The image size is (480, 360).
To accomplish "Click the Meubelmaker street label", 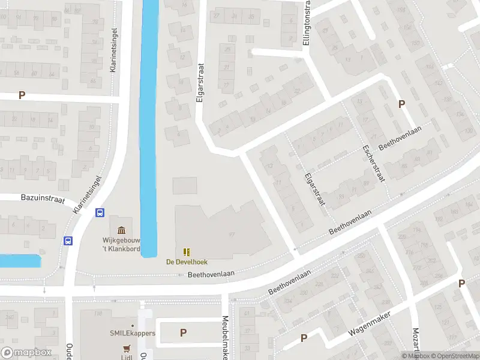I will pos(226,338).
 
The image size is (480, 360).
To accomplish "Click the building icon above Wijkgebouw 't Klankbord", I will pos(122,230).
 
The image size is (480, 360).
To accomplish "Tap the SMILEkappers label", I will pos(132,333).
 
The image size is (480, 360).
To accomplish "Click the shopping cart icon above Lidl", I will pos(127,348).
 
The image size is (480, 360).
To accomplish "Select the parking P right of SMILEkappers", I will pos(183,332).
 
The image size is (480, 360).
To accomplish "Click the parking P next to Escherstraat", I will pos(402,104).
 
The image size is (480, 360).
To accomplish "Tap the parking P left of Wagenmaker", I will pos(304,338).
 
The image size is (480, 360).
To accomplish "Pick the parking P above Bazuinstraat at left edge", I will pos(22,95).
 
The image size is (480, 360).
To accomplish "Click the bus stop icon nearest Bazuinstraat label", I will pos(100,212).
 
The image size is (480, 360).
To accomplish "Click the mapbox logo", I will pos(26,353).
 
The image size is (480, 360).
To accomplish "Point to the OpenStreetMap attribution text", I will pos(455,356).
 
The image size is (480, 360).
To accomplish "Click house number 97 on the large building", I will pos(231,235).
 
